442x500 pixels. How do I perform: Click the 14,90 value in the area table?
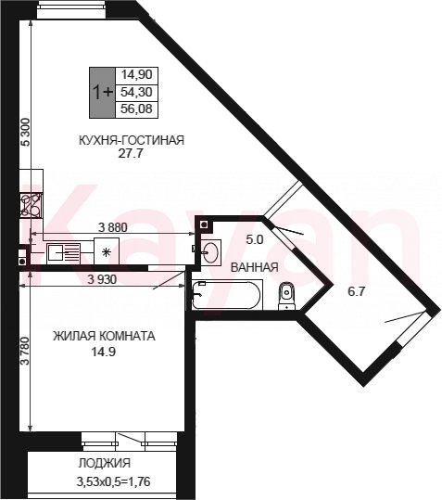tap(136, 74)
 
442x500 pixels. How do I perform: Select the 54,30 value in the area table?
tap(136, 92)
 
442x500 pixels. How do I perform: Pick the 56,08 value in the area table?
tap(136, 109)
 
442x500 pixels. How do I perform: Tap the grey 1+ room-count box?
tap(102, 93)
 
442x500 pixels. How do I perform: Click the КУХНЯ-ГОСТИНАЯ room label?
tap(132, 140)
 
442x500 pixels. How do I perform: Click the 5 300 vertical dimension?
tap(25, 132)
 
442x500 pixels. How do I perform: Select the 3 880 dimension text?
tap(113, 227)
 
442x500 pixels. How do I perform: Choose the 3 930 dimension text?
tap(102, 279)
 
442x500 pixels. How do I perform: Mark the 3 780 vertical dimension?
tap(25, 351)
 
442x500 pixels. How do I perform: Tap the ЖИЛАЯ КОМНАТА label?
tap(104, 336)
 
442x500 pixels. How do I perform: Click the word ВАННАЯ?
tap(254, 267)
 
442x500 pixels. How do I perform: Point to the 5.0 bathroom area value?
tap(255, 239)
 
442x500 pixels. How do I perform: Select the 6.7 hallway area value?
tap(356, 291)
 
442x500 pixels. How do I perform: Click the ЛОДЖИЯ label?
tap(105, 463)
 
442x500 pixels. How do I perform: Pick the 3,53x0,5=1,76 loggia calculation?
tap(113, 481)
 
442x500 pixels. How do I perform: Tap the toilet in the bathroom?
tap(286, 296)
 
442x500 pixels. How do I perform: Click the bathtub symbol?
tap(227, 295)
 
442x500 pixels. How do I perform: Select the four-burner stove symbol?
tap(31, 205)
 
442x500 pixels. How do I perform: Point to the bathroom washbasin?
tap(210, 252)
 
